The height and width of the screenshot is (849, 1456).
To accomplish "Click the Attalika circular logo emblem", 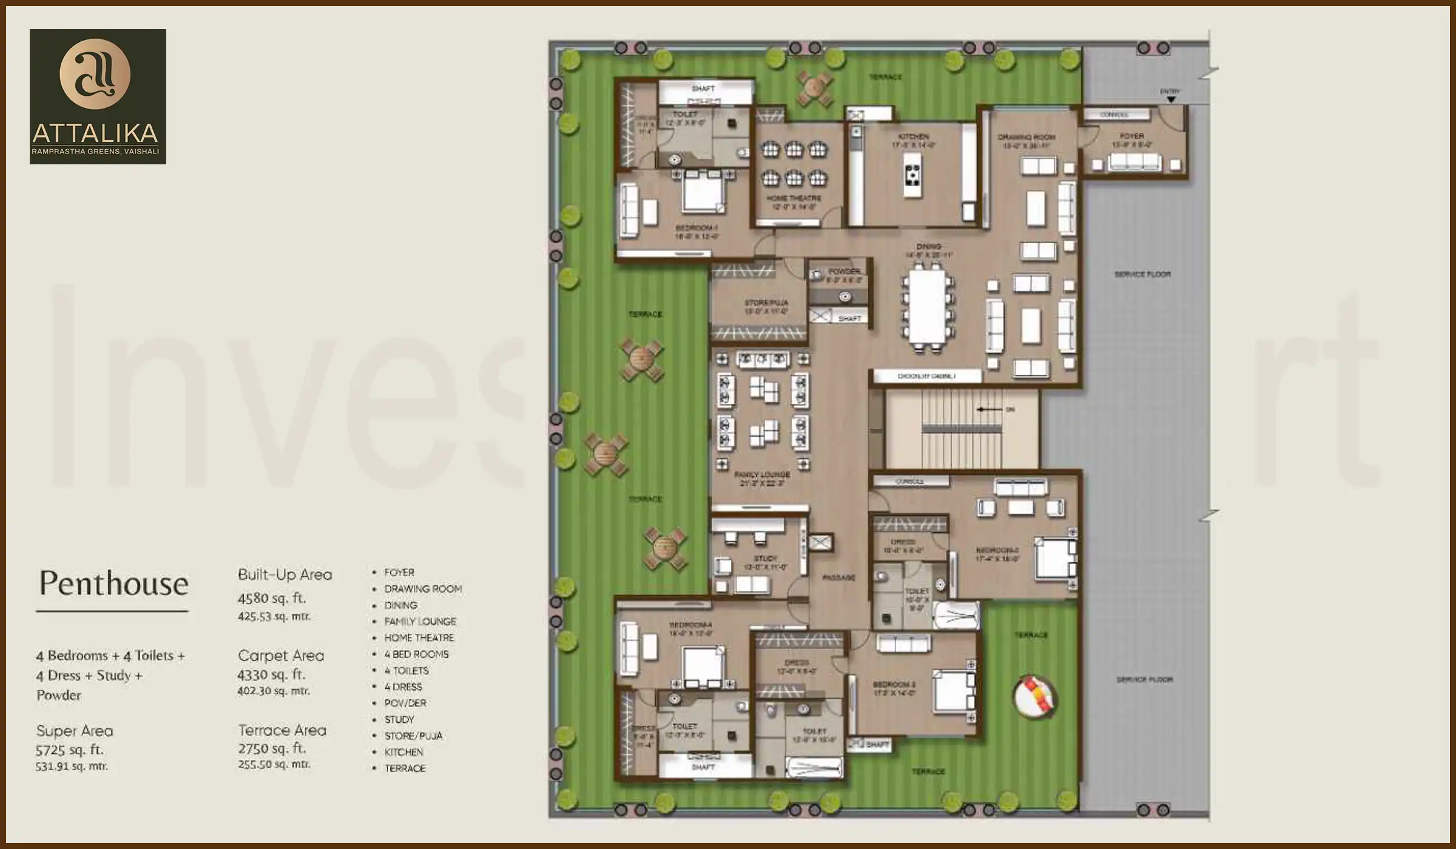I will [95, 74].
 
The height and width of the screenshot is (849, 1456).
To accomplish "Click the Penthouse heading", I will [113, 583].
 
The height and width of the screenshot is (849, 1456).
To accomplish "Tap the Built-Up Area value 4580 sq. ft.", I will [271, 598].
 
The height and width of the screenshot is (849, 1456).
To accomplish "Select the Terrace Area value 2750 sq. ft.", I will [271, 748].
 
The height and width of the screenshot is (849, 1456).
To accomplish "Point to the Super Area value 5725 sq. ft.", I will [69, 750].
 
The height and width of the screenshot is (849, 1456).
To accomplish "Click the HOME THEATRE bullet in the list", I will [419, 638].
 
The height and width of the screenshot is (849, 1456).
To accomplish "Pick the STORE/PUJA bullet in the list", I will [413, 736].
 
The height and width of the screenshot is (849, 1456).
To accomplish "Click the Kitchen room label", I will [914, 137].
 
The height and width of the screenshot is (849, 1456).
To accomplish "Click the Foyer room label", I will [1131, 136].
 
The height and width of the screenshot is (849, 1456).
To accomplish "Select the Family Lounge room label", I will [762, 475].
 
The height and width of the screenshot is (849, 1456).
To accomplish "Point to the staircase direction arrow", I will [988, 409].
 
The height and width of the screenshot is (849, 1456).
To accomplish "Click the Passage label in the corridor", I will [839, 578].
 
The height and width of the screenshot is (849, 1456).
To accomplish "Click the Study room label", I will [765, 559].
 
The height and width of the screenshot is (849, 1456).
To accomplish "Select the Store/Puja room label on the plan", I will [766, 303].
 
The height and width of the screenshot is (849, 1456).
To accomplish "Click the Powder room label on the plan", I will [844, 271].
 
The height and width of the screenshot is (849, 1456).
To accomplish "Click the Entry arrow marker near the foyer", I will [1171, 99].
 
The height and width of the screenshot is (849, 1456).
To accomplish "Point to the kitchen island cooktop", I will [912, 174].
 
